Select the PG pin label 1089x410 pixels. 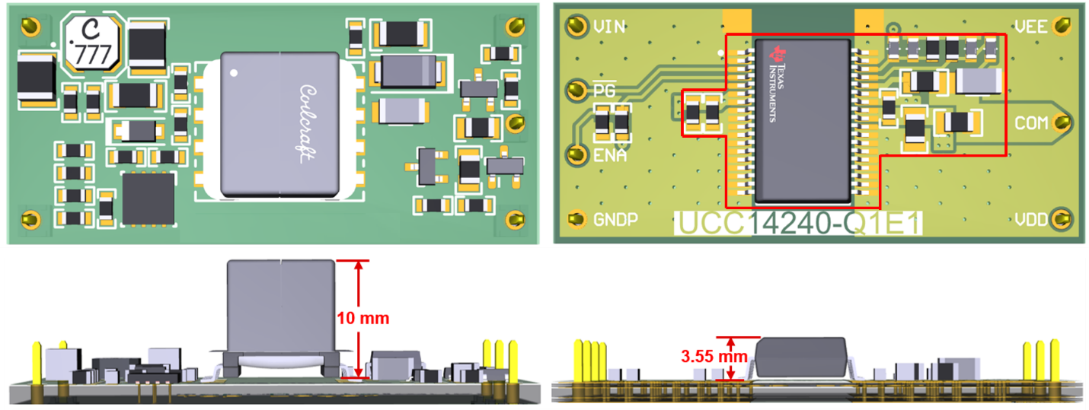point(604,90)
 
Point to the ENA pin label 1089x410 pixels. point(610,156)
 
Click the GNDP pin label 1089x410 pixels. point(615,221)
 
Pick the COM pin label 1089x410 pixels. point(1031,123)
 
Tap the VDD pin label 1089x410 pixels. point(1031,220)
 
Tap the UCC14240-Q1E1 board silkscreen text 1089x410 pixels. point(798,224)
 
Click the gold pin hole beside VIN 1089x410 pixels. point(573,27)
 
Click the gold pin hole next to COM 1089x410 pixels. point(1061,122)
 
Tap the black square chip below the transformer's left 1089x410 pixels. point(148,197)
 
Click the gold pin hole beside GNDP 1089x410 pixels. point(574,220)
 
